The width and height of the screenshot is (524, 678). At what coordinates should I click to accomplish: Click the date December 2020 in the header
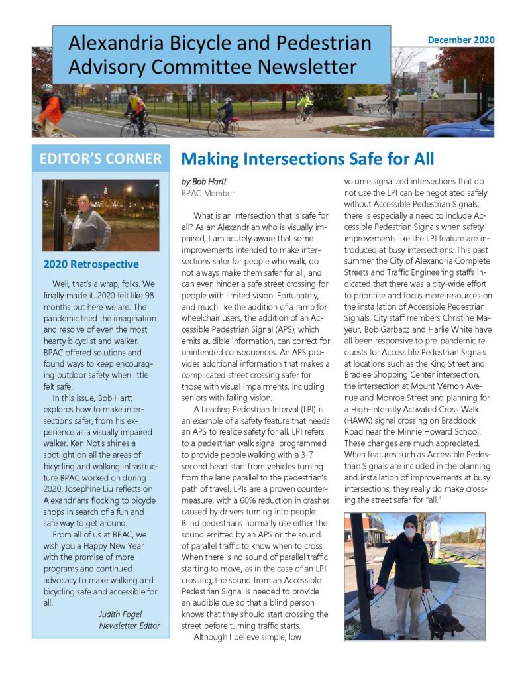(460, 40)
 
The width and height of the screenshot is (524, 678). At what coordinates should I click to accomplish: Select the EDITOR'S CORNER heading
(100, 159)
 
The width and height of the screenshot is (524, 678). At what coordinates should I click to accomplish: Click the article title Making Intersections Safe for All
(307, 159)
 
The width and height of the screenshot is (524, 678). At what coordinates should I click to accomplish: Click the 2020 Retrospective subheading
(91, 264)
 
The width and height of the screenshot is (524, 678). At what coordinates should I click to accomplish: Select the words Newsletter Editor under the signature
(129, 626)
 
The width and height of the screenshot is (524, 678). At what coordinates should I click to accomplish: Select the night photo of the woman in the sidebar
(100, 215)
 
